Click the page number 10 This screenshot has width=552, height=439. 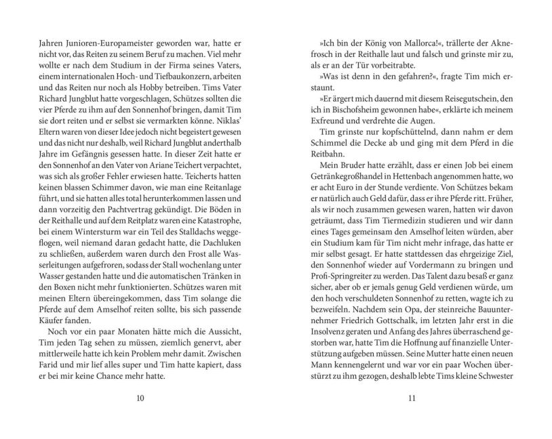coord(140,397)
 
